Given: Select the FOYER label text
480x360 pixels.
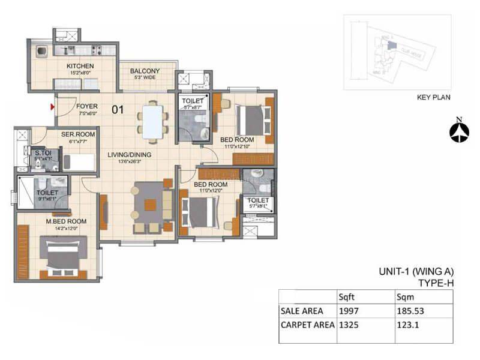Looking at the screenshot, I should [87, 106].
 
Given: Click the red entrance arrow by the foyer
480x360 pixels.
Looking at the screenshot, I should [53, 107].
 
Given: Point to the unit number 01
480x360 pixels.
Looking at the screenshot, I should [119, 109].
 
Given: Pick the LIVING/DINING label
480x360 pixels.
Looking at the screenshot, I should [129, 155].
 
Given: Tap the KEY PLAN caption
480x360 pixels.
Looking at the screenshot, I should [433, 97].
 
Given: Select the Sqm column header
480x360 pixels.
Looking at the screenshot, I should [405, 296].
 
